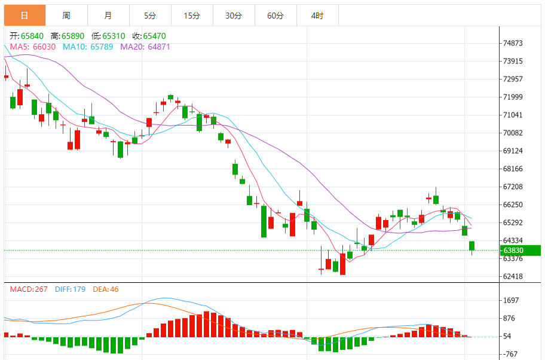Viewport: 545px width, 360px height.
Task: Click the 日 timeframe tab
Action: (x=24, y=16)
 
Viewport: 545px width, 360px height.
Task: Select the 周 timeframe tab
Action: (x=66, y=16)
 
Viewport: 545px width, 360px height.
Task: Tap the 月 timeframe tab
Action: (x=108, y=16)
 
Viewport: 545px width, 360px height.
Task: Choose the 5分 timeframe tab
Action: (x=150, y=16)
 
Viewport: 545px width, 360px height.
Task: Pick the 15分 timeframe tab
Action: (x=192, y=16)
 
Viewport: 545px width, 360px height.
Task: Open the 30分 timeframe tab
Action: (x=234, y=16)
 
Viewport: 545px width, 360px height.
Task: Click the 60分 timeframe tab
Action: (x=275, y=16)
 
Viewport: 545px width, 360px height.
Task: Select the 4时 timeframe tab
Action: (x=317, y=16)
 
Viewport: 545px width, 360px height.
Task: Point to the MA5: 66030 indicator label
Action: (x=33, y=47)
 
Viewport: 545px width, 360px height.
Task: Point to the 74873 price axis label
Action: (x=513, y=43)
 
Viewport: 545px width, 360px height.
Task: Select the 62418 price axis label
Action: (x=513, y=276)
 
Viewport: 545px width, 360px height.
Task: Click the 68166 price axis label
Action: (x=513, y=169)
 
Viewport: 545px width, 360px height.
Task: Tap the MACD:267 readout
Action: (x=29, y=289)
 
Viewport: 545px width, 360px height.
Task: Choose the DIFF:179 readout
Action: (x=70, y=289)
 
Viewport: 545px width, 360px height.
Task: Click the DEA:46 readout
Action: (x=106, y=289)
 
